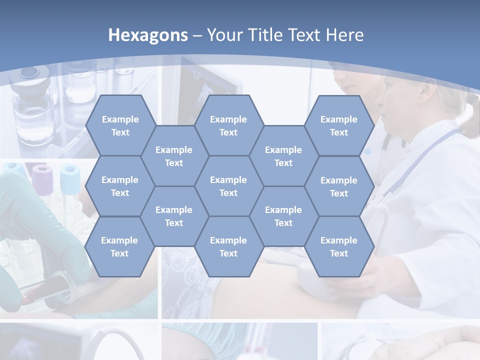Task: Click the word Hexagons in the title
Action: point(148,35)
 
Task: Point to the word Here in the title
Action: point(344,35)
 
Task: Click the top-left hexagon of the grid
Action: point(120,125)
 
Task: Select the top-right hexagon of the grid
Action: point(339,125)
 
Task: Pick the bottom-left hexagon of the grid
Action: point(119,246)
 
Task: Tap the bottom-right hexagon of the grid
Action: point(339,246)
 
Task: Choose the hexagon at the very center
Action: point(228,186)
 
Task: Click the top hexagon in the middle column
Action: point(228,125)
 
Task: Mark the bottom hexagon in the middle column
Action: point(228,246)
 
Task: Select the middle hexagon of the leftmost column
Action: point(120,186)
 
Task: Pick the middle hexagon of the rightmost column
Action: point(339,186)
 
